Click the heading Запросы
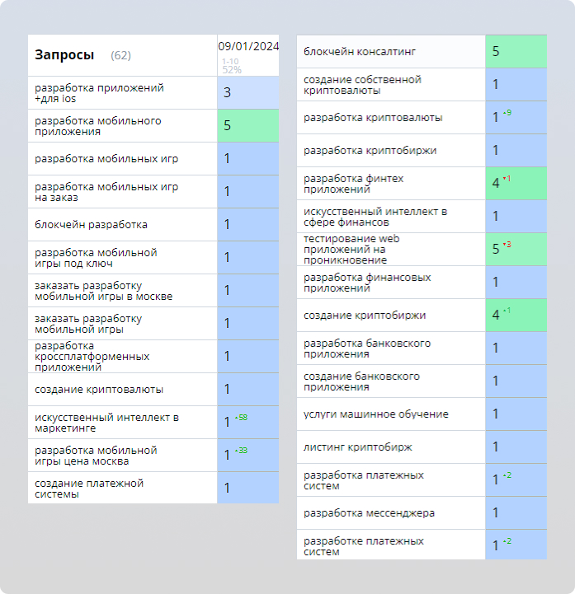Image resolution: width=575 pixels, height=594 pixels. (64, 55)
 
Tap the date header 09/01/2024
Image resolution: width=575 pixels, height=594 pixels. (248, 46)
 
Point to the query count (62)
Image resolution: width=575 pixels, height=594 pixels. (120, 56)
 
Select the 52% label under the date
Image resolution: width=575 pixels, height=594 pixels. (231, 70)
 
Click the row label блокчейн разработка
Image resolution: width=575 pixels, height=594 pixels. (92, 224)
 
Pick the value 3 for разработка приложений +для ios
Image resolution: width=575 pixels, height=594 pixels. (227, 93)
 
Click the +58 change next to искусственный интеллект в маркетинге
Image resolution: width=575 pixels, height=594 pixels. (242, 418)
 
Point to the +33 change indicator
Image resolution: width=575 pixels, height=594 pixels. (242, 451)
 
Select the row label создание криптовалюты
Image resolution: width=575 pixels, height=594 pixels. (99, 389)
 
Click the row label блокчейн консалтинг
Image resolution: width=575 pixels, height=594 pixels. (360, 52)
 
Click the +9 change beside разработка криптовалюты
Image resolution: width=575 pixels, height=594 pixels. (507, 113)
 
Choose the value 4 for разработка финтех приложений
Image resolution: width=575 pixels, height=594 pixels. (496, 184)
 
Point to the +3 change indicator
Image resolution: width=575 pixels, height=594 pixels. (507, 245)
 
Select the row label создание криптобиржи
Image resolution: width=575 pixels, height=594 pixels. (365, 316)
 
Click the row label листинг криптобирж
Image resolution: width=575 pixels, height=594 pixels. (358, 447)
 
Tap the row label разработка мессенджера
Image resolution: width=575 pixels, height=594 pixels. (369, 513)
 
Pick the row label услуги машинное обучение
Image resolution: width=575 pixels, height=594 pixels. (376, 414)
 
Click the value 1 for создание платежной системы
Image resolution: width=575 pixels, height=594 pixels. (227, 489)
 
